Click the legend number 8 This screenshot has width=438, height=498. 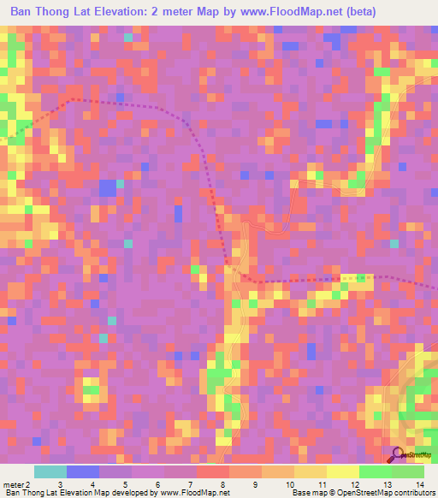point(223,484)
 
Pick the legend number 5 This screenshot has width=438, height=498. point(125,484)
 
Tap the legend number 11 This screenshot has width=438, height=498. point(322,484)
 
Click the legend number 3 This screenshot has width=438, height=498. point(59,484)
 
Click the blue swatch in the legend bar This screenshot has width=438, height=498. point(82,471)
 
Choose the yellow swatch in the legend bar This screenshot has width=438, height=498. point(342,471)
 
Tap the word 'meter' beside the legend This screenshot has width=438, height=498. point(12,484)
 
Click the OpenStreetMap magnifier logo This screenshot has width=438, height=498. point(400,454)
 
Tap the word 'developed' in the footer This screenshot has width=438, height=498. point(127,493)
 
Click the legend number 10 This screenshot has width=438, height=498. point(288,484)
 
